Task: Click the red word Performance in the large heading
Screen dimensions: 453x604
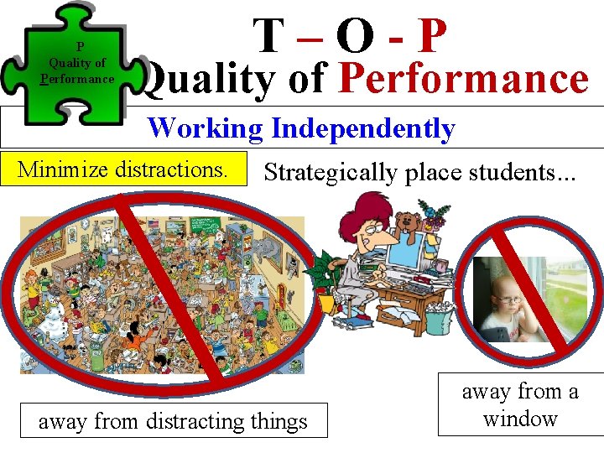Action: (x=463, y=80)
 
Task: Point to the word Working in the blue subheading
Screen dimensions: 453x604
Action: (x=206, y=128)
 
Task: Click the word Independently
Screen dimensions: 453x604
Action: (x=363, y=128)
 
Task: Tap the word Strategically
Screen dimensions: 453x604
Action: (x=333, y=173)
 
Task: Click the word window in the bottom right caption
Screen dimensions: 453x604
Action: (x=520, y=418)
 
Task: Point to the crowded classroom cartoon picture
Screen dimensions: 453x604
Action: (x=159, y=294)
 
